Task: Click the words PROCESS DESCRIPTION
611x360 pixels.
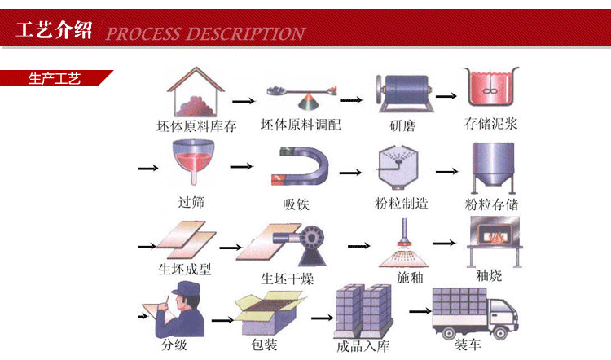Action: [205, 33]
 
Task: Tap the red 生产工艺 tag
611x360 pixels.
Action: [55, 79]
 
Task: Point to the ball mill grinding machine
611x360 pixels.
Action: [402, 91]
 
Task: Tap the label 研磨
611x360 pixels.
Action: [403, 125]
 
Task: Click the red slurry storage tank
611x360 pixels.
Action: [490, 91]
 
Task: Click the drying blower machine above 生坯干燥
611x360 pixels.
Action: [302, 241]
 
